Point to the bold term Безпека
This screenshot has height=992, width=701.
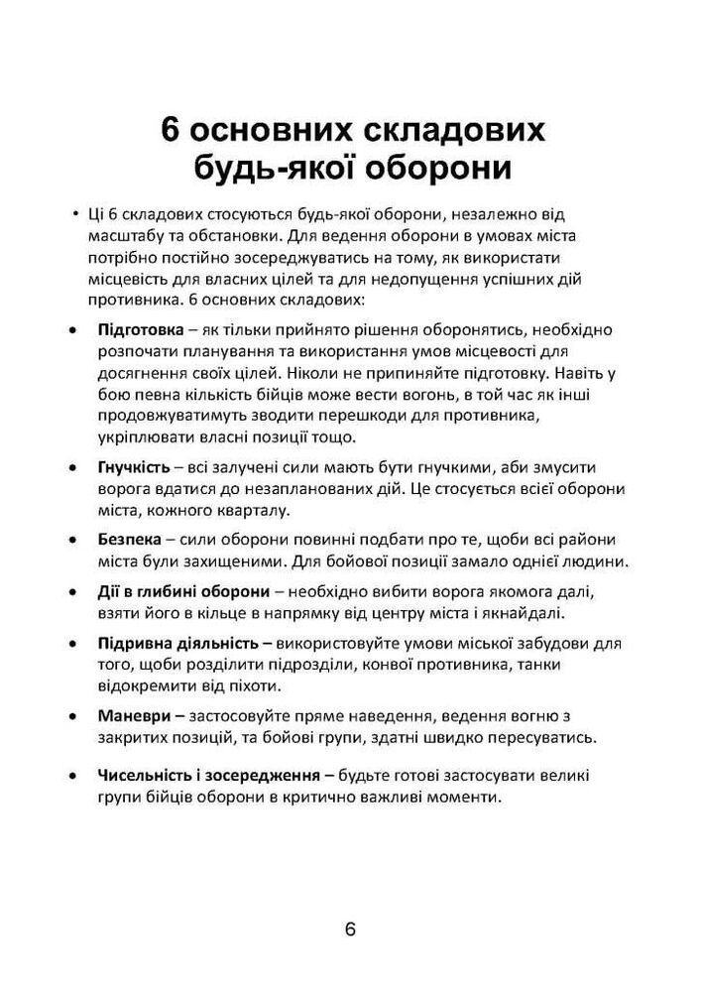coord(127,540)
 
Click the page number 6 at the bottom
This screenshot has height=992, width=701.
coord(350,930)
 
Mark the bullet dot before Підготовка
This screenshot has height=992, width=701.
coord(71,330)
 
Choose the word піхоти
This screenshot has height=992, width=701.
coord(256,686)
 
